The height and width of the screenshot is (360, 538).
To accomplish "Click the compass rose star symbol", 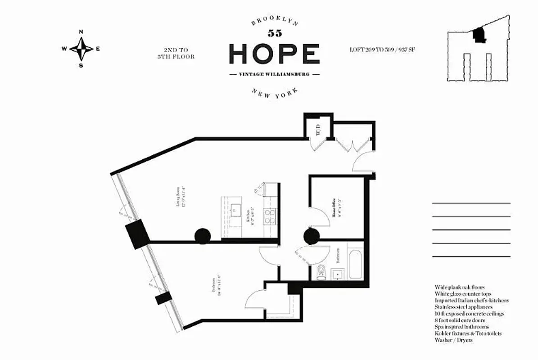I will [81, 49].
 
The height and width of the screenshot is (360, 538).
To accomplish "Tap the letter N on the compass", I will [81, 32].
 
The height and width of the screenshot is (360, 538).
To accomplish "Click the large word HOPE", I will [274, 54].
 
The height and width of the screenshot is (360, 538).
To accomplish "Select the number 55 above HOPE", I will [274, 33].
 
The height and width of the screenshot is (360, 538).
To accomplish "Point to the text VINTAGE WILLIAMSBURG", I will [274, 74].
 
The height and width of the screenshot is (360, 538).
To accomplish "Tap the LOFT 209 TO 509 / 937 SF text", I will [382, 49].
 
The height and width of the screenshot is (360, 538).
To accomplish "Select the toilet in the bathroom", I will [321, 272].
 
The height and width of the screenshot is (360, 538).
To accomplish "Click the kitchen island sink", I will [235, 210].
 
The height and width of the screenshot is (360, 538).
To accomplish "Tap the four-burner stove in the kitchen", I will [269, 216].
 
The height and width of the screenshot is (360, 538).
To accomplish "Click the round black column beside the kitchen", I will [203, 235].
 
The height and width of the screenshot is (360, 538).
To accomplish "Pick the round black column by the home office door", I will [312, 236].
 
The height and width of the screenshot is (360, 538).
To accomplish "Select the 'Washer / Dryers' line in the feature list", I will [453, 340].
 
